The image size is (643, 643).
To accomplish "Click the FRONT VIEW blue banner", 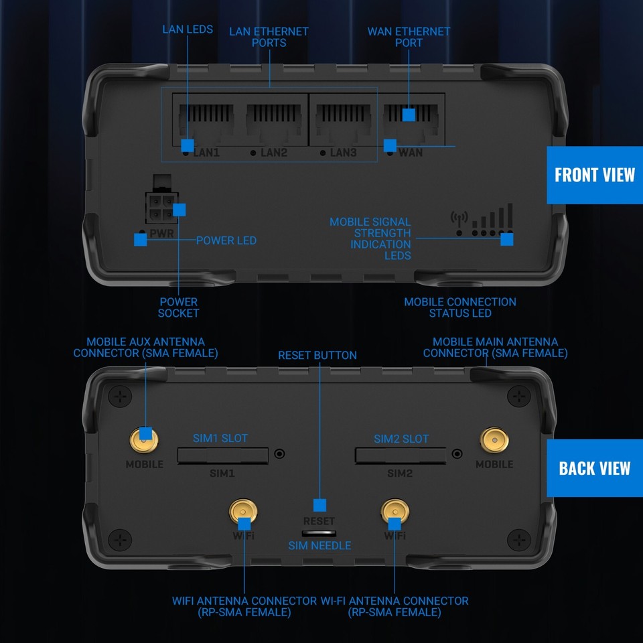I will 594,175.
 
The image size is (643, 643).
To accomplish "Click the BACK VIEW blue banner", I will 594,468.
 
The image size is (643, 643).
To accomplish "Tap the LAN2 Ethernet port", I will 273,121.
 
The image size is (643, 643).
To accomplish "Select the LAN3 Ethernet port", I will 342,121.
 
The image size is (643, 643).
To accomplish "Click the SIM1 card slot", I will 222,455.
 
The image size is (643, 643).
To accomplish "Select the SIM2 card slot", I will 400,455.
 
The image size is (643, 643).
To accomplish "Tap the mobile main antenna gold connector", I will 495,441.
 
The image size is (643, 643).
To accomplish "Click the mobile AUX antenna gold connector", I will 145,441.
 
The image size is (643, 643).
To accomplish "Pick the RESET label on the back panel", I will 319,521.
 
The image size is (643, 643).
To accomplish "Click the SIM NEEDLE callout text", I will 319,546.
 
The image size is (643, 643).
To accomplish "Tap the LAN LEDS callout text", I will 188,29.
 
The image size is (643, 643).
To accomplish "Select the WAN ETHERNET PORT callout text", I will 409,37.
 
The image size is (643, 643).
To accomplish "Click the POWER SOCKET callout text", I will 178,307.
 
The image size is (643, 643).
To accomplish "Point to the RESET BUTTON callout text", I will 317,355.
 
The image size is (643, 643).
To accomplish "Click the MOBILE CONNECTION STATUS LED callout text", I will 460,307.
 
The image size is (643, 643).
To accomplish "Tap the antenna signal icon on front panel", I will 459,218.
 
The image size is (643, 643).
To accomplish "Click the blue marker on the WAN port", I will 409,115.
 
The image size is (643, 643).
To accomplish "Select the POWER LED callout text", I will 226,240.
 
